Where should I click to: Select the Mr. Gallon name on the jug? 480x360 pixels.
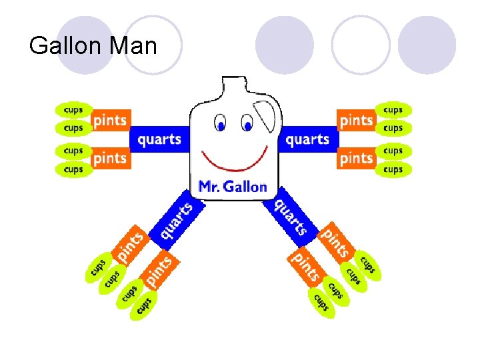[232, 187]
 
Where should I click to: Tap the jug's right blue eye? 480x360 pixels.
[247, 125]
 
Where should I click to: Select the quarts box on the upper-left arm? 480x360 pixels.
[159, 139]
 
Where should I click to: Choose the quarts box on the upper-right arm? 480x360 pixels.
[307, 139]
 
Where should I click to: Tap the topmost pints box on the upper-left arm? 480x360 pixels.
[110, 120]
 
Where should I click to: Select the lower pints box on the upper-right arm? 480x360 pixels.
[356, 158]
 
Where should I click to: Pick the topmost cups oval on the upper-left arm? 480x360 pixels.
[73, 109]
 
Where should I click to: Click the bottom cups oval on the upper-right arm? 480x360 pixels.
[393, 170]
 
